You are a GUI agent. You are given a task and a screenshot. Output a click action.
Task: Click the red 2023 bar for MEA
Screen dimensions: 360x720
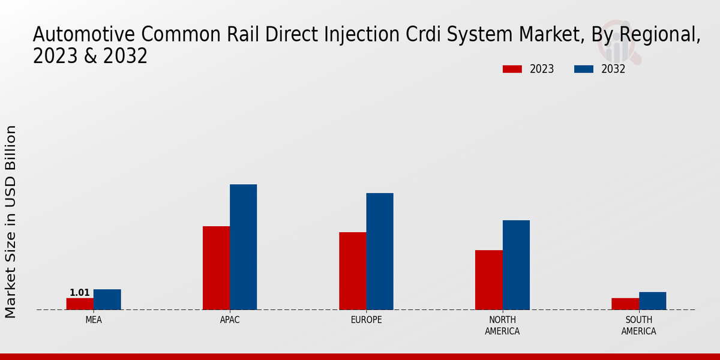(80, 304)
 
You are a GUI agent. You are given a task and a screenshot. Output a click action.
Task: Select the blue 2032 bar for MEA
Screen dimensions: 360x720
(107, 299)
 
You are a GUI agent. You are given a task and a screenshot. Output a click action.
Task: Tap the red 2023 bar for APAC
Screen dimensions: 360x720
(216, 268)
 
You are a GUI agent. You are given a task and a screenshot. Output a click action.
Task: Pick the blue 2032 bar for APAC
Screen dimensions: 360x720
(243, 247)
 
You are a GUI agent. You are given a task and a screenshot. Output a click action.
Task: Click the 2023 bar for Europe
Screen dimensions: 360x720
(352, 271)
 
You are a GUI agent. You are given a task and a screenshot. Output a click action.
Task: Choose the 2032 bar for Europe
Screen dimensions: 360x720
(380, 251)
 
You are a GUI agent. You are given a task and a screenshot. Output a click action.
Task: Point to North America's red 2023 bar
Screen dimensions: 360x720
(488, 280)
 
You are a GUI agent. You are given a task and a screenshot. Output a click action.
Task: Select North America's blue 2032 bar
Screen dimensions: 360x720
(516, 265)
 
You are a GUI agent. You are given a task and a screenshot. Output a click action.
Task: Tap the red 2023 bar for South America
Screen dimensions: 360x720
(625, 304)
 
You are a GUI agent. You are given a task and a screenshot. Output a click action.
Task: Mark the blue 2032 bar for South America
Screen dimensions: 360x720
(652, 301)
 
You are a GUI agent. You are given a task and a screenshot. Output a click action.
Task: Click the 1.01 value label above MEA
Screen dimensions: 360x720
(80, 293)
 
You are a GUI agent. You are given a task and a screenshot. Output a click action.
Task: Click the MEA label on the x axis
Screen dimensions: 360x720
(94, 320)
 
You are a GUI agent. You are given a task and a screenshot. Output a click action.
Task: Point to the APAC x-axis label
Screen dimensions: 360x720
(230, 320)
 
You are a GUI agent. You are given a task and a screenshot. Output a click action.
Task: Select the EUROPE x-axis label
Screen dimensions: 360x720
(366, 320)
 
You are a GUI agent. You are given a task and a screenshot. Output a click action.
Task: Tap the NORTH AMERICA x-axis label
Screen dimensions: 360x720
(502, 326)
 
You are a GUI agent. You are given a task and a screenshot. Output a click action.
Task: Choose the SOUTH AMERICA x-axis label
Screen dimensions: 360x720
(638, 326)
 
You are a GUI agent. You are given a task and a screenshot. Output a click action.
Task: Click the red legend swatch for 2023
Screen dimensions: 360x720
(512, 69)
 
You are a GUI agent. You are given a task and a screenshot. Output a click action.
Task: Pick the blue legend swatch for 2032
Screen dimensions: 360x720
(583, 69)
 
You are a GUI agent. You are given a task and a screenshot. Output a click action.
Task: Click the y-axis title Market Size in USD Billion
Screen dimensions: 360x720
(11, 221)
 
